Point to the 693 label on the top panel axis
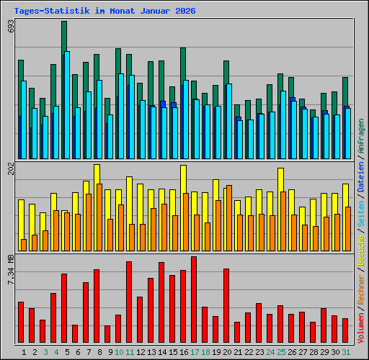click(x=10, y=27)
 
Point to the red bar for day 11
click(x=129, y=302)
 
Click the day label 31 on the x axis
click(x=347, y=352)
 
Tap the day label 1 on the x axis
click(x=25, y=352)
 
